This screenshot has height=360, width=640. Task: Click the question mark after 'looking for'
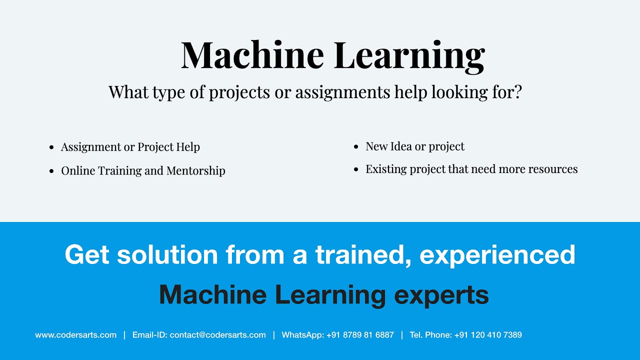click(517, 91)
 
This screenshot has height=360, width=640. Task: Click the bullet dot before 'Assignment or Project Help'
click(51, 147)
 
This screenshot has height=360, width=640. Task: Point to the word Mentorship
click(196, 170)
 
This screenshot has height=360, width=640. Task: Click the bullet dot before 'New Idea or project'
click(356, 147)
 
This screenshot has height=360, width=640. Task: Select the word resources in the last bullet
click(551, 169)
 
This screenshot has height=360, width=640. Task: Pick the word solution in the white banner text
click(167, 255)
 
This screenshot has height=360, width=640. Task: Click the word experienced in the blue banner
click(497, 255)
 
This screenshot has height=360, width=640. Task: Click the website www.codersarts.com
click(75, 335)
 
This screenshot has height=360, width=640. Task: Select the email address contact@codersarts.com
click(217, 335)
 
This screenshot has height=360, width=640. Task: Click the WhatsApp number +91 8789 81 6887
click(360, 335)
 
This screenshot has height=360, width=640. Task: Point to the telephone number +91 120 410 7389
click(488, 335)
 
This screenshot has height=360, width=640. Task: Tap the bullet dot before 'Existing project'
click(356, 170)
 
